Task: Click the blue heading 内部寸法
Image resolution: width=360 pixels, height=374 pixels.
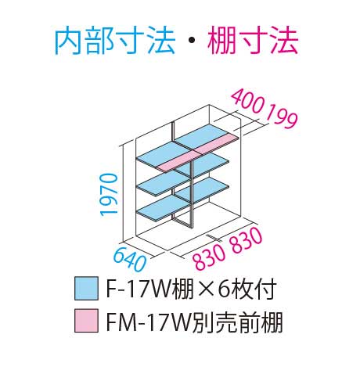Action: tap(115, 41)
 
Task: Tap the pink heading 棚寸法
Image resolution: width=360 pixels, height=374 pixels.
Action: tap(253, 41)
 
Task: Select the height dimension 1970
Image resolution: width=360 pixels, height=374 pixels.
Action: tap(109, 195)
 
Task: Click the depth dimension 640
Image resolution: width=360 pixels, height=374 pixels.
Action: tap(130, 259)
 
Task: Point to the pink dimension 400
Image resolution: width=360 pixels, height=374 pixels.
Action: tap(247, 102)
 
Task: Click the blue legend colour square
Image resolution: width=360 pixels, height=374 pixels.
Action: tap(86, 289)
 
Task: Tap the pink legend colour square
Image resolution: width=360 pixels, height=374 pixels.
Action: tap(86, 321)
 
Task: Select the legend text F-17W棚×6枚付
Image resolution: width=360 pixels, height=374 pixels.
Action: tap(191, 289)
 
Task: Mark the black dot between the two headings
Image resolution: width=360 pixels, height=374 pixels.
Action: tap(192, 41)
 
